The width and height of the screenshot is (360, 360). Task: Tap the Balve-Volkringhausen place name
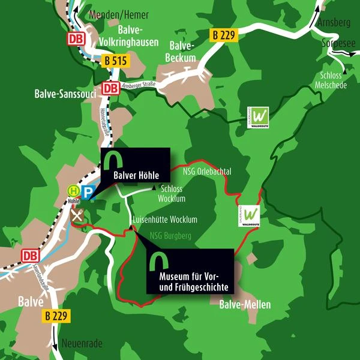pos(128,36)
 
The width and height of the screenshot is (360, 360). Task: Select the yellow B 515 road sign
pos(115,61)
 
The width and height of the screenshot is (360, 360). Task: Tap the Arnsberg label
pos(336,23)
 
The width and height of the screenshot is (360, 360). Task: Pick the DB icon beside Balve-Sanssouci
pos(110,88)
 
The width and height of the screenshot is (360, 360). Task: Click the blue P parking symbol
pos(88,193)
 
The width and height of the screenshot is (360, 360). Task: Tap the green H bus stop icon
pos(73,191)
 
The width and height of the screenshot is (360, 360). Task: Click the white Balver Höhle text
pos(136,176)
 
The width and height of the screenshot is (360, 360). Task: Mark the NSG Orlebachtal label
pos(206,172)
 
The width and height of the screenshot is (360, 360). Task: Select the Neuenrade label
pos(82,344)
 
